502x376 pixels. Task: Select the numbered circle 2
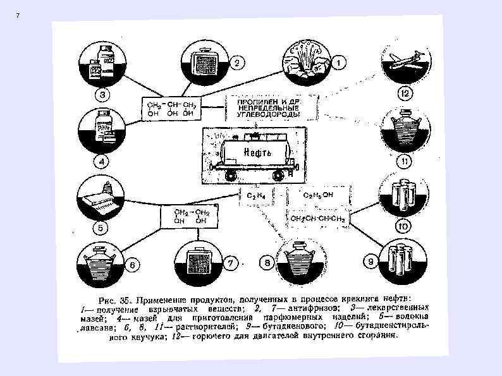click(236, 63)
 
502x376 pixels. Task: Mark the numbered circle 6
click(133, 265)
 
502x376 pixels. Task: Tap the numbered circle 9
click(370, 260)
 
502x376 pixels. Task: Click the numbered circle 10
click(403, 226)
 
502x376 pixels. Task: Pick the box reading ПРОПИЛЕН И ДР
click(273, 108)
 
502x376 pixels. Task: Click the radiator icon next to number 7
click(203, 260)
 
